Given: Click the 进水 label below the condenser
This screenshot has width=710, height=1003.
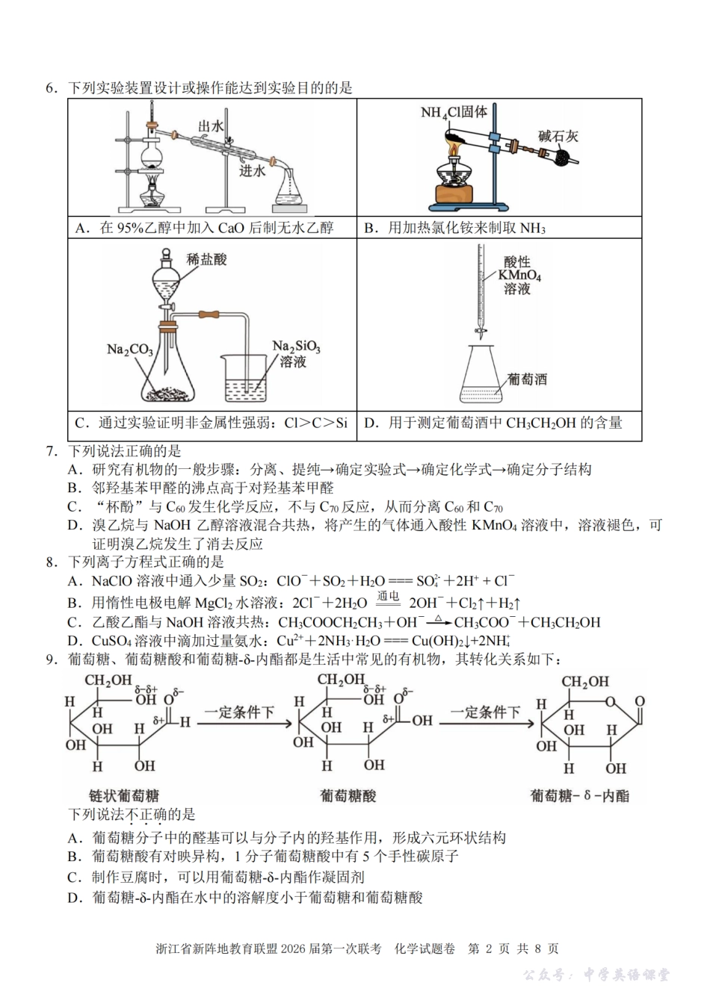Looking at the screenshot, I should [252, 170].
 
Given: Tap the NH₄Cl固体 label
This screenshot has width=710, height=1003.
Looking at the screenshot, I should [454, 112].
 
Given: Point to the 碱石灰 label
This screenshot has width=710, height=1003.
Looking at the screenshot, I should [558, 136].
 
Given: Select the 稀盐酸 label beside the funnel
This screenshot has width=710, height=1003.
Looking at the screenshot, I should [207, 259].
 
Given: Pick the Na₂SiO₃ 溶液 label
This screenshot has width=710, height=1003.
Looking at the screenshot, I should [296, 354].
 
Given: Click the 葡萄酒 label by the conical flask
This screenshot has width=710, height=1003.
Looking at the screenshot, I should [526, 379].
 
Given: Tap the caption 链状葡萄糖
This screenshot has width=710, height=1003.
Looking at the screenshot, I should [123, 795].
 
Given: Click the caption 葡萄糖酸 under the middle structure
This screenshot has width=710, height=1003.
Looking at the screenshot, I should [348, 795].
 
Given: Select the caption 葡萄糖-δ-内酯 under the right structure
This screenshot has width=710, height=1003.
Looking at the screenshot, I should [579, 795].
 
